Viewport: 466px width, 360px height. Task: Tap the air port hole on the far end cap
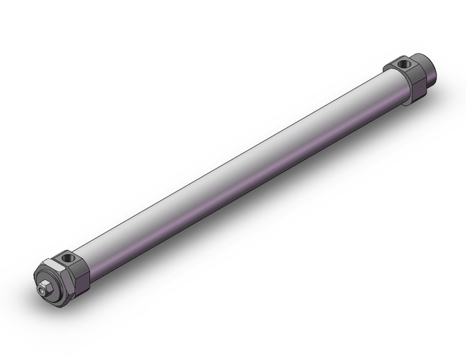[x=402, y=63]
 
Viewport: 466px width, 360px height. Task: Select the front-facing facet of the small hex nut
[x=44, y=289]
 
